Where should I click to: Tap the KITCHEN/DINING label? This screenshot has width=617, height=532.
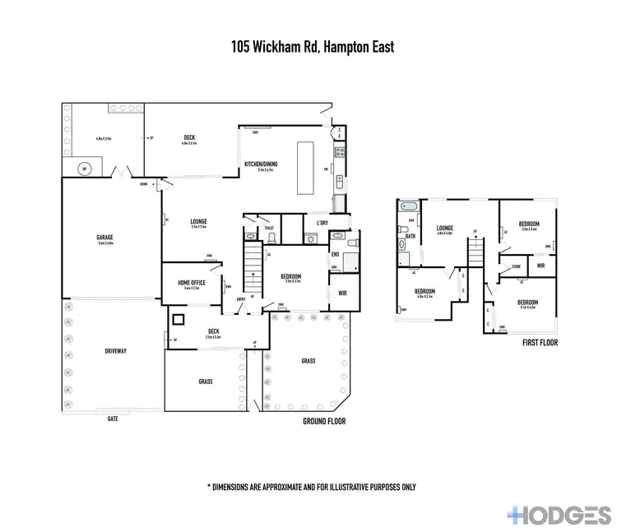pos(261,164)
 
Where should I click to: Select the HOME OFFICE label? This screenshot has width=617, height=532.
pos(191,283)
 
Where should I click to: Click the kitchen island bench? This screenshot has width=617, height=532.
pos(306,167)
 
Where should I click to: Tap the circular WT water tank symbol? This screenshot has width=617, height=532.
pos(84,169)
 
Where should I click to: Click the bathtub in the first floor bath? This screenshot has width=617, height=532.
pos(409,220)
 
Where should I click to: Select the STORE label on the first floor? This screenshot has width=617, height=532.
pos(516,266)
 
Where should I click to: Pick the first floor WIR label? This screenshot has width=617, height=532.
pos(540,266)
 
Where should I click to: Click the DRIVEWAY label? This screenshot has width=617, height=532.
pos(114,351)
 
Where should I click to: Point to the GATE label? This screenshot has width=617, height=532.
pos(113,418)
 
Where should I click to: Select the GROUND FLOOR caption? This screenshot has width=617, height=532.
pos(323,421)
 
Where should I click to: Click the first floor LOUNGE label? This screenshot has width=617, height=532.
pos(445,228)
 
